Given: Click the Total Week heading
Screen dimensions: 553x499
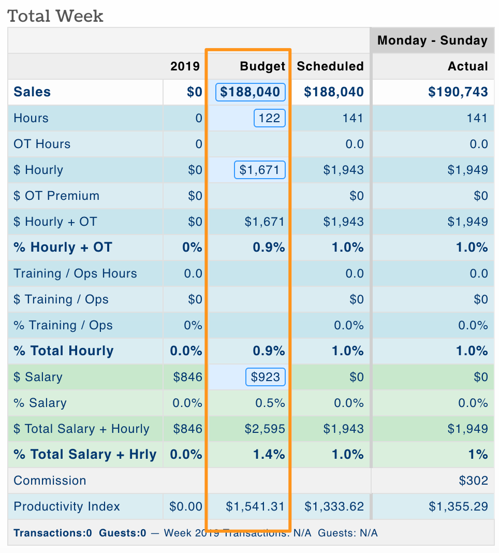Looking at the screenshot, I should (x=55, y=16).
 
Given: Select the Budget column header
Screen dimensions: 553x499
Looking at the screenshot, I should (x=262, y=66).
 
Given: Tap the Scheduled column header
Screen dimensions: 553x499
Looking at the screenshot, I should (x=330, y=66).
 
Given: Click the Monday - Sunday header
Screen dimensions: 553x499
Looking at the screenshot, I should (x=432, y=40).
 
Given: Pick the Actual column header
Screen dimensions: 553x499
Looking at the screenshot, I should (x=468, y=66).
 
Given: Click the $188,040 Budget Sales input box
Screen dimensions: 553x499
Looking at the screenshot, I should (x=251, y=92).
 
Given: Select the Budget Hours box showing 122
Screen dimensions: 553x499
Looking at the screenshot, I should (x=269, y=118).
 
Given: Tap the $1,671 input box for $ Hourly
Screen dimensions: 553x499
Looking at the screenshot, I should (x=260, y=170).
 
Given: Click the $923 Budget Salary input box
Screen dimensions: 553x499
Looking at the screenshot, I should (x=265, y=377).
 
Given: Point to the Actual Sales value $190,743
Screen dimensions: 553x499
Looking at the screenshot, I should (x=458, y=92).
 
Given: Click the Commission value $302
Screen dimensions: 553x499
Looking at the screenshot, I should (x=473, y=481).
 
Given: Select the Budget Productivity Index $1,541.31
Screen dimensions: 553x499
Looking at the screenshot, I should (x=255, y=506).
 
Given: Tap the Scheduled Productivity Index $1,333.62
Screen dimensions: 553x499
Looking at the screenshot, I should (x=334, y=506).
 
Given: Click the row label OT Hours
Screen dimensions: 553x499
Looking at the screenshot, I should (x=42, y=144).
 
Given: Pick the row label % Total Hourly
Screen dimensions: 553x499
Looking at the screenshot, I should (x=64, y=351).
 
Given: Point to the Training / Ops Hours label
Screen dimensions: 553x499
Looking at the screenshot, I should (x=75, y=273).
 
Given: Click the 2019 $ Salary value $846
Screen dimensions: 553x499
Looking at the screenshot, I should (x=187, y=377).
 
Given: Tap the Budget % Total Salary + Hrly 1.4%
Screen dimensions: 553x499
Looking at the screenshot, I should (x=269, y=455).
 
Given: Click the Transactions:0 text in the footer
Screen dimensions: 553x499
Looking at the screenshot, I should (x=53, y=533).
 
